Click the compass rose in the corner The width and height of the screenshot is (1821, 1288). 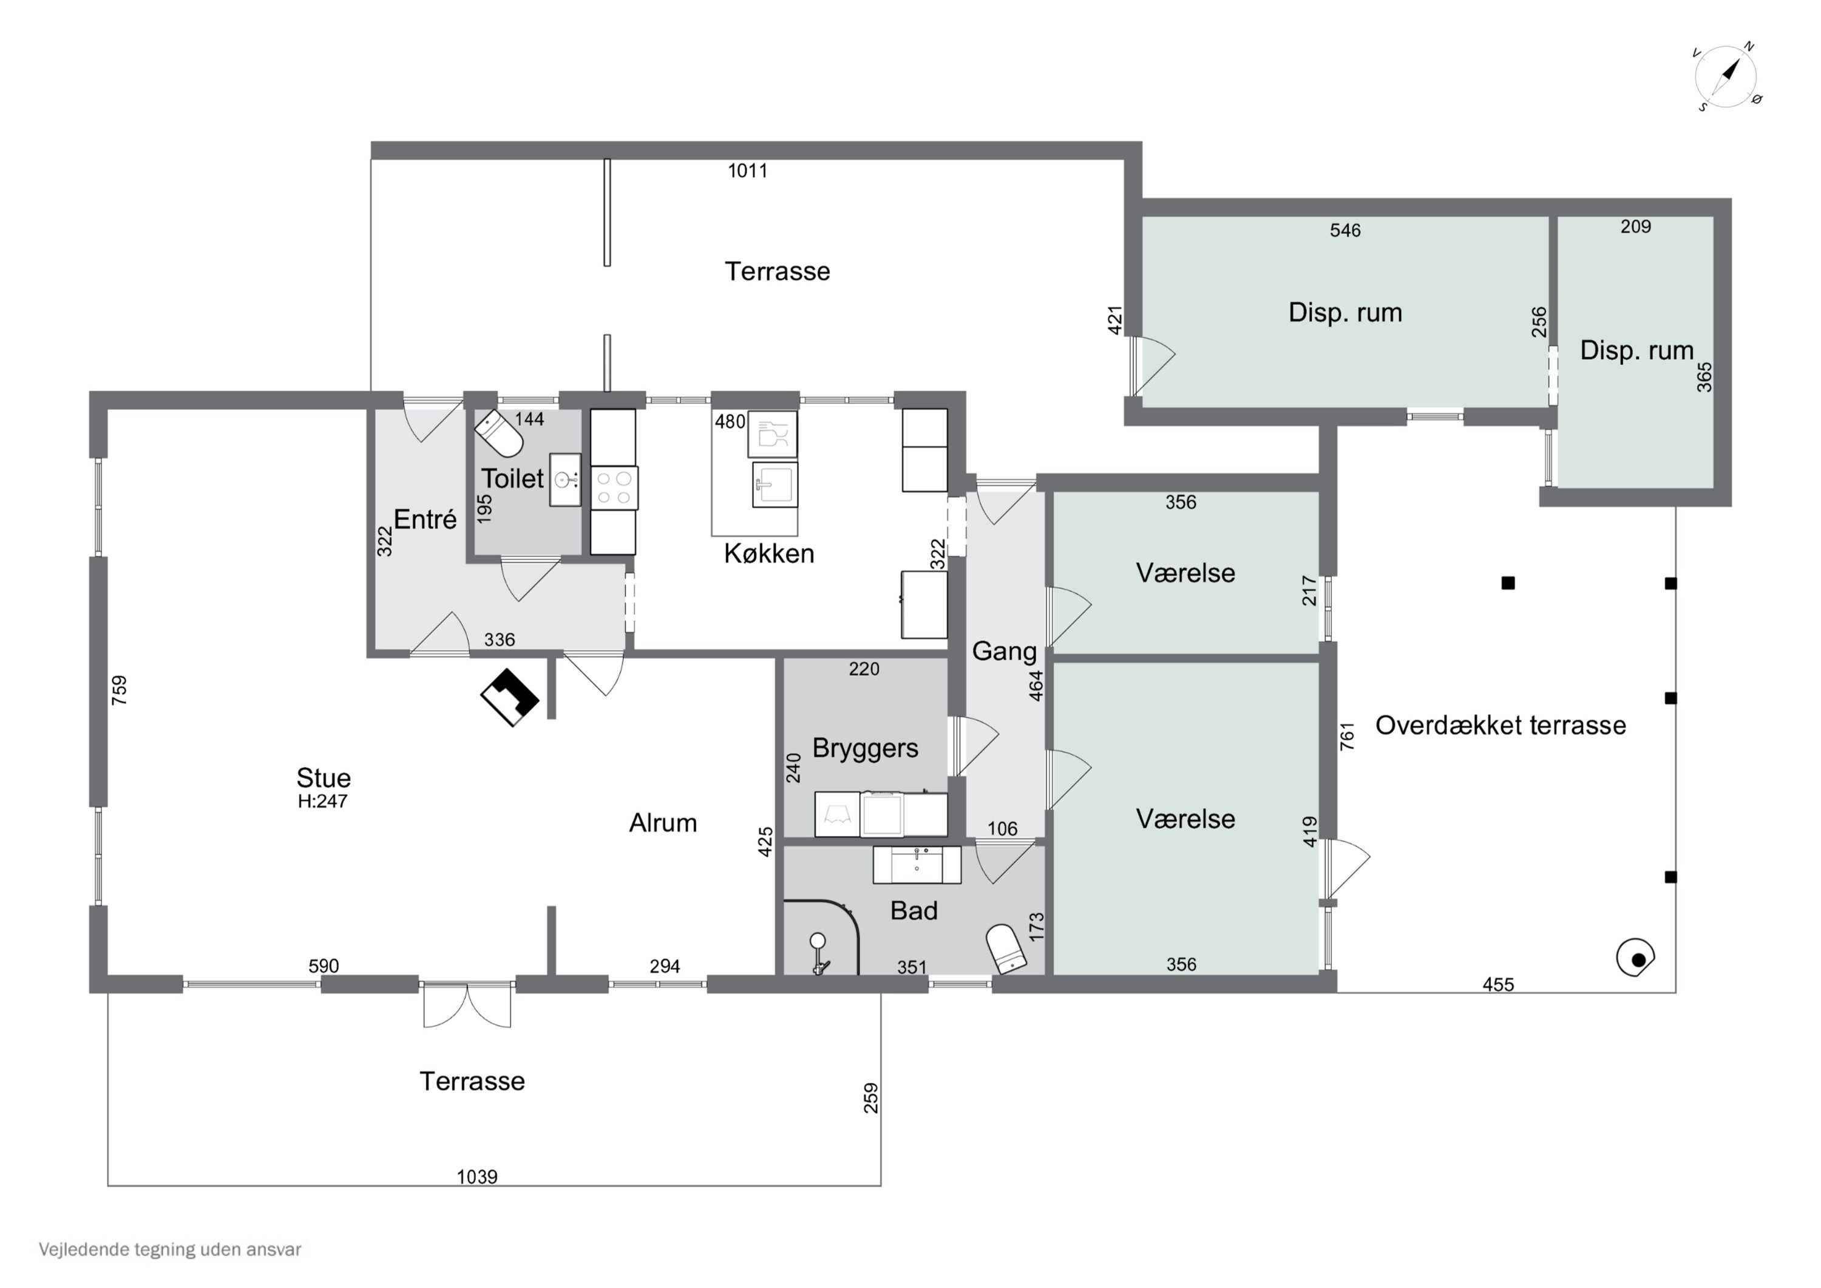point(1726,78)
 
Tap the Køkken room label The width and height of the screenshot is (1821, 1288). point(768,553)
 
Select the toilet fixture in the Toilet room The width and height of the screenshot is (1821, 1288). point(499,434)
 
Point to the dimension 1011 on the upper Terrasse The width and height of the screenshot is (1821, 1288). point(747,171)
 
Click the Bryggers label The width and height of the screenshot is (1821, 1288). point(866,748)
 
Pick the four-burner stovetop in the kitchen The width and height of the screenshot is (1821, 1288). point(614,487)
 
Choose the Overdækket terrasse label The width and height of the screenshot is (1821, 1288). point(1501,724)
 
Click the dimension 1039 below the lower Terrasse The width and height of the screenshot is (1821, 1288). point(476,1177)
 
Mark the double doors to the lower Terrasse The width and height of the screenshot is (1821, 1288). point(467,1004)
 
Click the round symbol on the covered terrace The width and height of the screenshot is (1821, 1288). point(1635,958)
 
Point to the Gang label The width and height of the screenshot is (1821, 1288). point(1004,652)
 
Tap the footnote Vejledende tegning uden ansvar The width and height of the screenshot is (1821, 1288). point(170,1249)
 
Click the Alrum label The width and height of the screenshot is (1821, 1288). point(663,823)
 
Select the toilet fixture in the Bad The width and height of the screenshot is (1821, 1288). point(1006,949)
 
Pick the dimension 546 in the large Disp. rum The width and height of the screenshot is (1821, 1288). point(1345,230)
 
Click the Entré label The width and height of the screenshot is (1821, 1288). point(425,520)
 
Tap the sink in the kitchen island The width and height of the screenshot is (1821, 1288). point(775,484)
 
